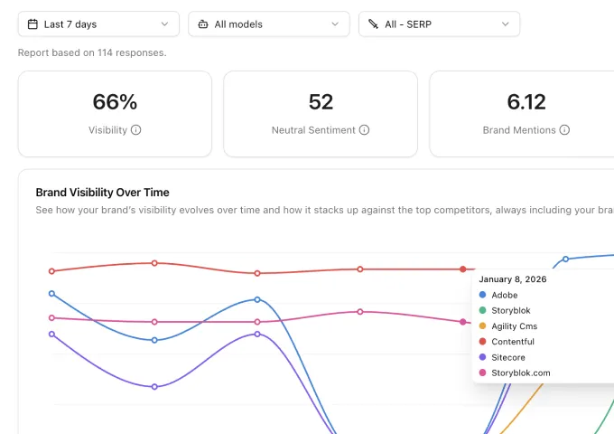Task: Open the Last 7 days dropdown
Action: [x=98, y=24]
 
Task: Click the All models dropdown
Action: [x=269, y=24]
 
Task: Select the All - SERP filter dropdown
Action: [x=439, y=24]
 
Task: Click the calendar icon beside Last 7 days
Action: [x=33, y=24]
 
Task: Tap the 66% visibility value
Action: [x=115, y=101]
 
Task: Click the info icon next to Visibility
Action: [x=136, y=130]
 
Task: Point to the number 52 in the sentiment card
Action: [x=321, y=101]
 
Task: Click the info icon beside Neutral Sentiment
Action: [x=365, y=130]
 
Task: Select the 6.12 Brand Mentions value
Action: [x=526, y=101]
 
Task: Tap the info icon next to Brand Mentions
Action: [x=565, y=130]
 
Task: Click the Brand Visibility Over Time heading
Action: [x=102, y=193]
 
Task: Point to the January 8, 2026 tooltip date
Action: [x=512, y=279]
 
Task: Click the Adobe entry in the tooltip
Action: [x=505, y=295]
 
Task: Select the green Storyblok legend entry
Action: [x=511, y=310]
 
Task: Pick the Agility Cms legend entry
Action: [x=514, y=326]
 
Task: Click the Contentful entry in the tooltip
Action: [x=512, y=342]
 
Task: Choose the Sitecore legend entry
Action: [x=508, y=357]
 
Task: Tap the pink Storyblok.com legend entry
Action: [x=520, y=373]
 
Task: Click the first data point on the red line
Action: [x=51, y=271]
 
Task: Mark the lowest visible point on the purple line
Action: [x=154, y=387]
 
